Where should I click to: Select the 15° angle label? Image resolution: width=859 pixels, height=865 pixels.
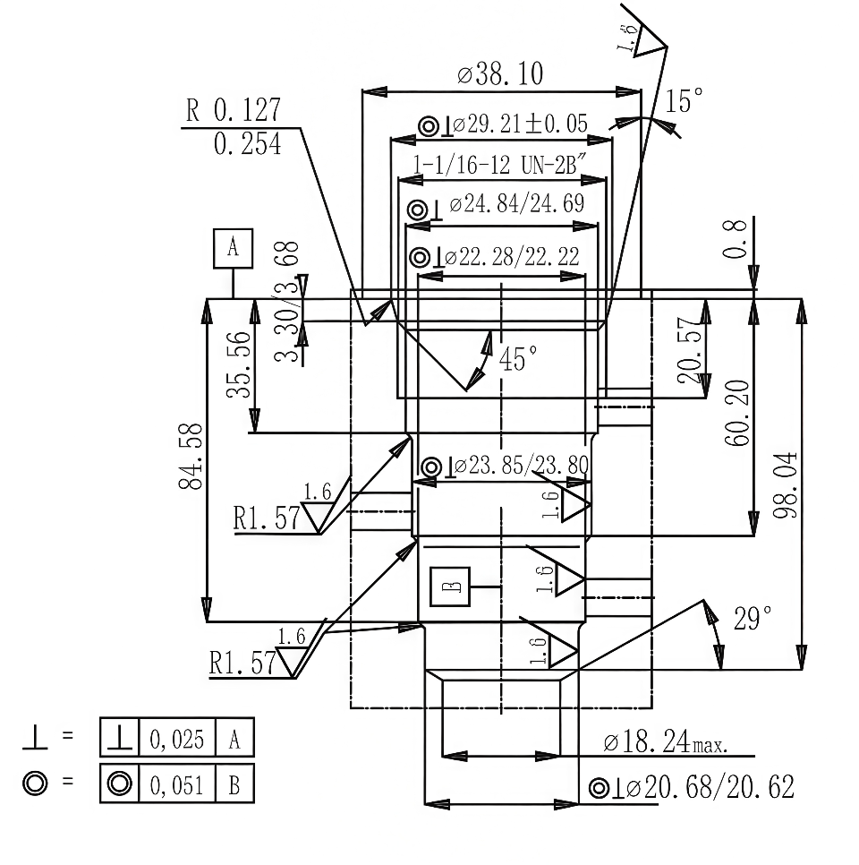[x=679, y=101]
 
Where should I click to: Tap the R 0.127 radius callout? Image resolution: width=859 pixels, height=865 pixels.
[x=233, y=110]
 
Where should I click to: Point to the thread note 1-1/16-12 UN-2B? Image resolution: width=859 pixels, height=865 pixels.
[x=499, y=164]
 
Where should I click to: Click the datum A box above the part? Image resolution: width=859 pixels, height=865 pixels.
[x=234, y=248]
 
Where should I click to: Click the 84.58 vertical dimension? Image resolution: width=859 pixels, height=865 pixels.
[x=190, y=457]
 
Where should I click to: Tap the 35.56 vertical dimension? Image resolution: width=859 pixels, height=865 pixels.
[x=237, y=367]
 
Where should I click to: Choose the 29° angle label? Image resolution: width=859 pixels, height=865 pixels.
[x=752, y=619]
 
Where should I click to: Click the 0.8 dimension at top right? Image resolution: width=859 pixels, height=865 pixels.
[x=736, y=240]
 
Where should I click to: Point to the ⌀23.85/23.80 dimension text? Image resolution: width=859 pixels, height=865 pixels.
[x=520, y=466]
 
